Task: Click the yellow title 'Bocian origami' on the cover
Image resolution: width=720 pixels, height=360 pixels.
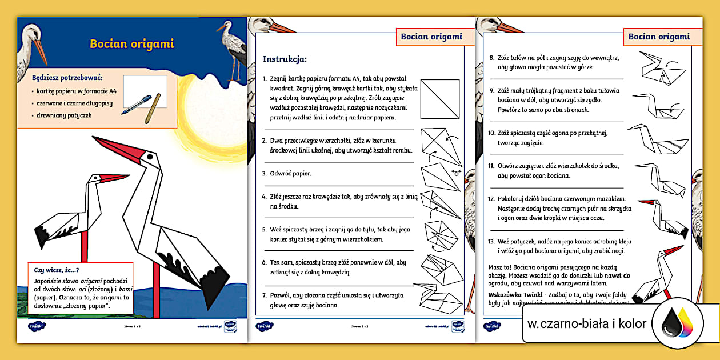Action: (132, 44)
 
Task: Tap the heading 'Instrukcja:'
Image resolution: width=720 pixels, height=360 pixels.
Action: (285, 59)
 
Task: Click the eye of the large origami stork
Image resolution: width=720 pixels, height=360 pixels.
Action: (150, 155)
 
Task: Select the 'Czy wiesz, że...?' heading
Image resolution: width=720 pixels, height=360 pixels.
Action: (57, 270)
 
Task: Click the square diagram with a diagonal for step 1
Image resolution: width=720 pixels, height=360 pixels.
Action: (440, 99)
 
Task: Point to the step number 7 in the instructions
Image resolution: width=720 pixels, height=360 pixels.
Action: (265, 295)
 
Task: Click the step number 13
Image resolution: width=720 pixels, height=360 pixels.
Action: (491, 242)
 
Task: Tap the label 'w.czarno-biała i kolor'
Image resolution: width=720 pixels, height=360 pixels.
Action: (587, 325)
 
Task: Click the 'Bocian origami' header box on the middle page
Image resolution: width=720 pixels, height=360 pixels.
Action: (431, 37)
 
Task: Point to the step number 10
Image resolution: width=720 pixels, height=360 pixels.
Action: (491, 133)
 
